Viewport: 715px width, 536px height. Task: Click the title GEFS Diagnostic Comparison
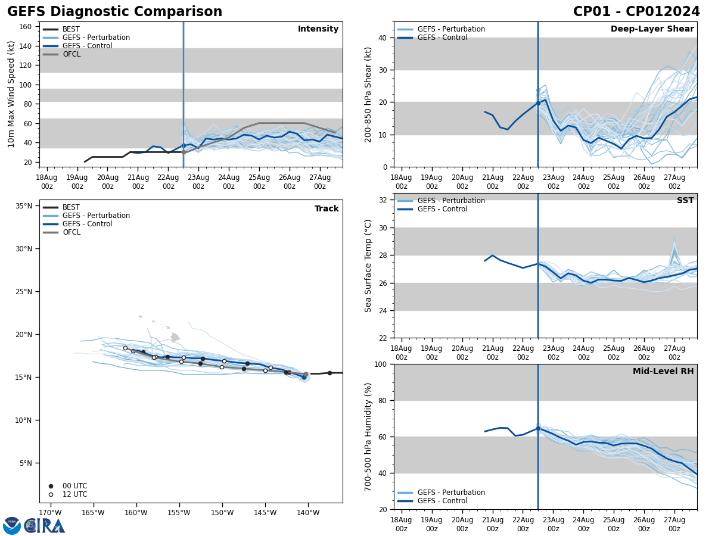point(114,12)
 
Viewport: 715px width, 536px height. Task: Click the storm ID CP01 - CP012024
point(636,12)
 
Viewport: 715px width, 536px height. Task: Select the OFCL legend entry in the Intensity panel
point(71,54)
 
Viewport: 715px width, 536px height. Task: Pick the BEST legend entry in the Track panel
point(71,207)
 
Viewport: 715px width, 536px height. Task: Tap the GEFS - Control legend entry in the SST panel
point(442,209)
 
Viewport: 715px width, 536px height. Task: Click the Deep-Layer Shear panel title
point(652,29)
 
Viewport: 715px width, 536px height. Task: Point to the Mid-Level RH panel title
point(663,372)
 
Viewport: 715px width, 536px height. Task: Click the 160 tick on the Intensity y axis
point(26,27)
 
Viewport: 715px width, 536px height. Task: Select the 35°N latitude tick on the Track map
point(24,206)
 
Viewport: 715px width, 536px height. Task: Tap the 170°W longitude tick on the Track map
point(50,512)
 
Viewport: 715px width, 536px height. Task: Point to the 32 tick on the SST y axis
point(384,200)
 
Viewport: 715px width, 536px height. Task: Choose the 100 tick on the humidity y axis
point(381,364)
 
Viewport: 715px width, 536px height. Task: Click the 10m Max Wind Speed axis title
point(11,94)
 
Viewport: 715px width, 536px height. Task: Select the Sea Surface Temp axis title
point(368,266)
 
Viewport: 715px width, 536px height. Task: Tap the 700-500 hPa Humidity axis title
point(368,437)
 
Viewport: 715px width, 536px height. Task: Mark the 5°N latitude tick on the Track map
point(26,463)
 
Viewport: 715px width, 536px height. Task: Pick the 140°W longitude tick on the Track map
point(307,512)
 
